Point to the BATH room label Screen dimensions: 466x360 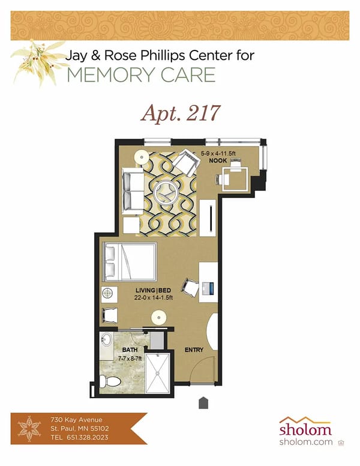tap(130, 349)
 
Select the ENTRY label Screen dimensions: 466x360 tap(193, 349)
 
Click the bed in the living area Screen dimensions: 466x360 tap(129, 261)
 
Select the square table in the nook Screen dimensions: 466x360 tap(231, 178)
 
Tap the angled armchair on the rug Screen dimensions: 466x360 tap(184, 162)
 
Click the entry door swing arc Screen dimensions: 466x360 tap(204, 366)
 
